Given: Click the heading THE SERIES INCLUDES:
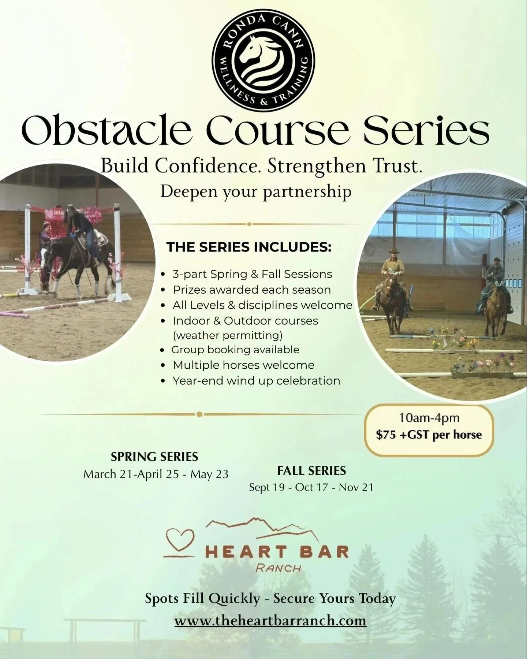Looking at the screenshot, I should point(249,247).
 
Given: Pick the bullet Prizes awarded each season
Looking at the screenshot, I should point(251,290).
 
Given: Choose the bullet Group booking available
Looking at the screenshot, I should point(235,350).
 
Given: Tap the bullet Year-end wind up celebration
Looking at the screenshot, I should point(256,381).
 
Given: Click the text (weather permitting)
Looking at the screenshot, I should point(228,335).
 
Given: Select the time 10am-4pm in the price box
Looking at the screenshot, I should point(429,418).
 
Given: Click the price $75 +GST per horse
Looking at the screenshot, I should point(429,435).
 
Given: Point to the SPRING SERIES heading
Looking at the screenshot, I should point(154,457).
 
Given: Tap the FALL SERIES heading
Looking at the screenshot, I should point(311,470).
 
